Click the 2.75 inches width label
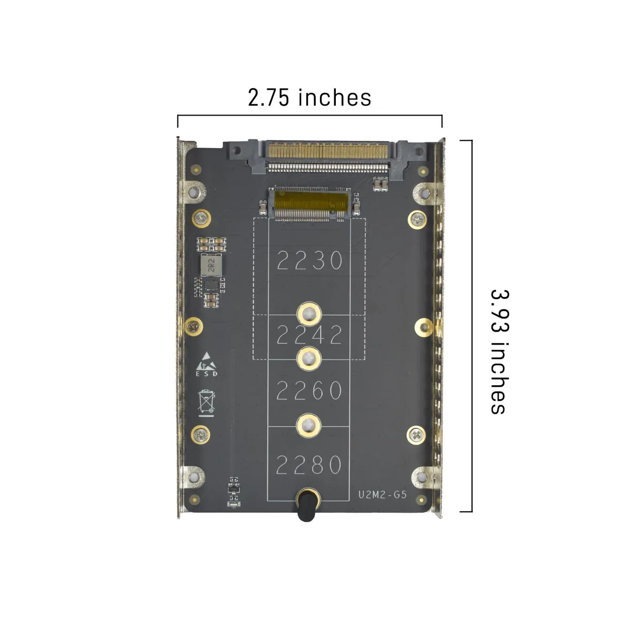[x=309, y=97]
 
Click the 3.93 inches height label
[x=500, y=352]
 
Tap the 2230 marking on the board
[x=309, y=260]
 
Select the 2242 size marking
[x=309, y=335]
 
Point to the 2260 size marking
[x=308, y=390]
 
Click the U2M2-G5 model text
[x=383, y=494]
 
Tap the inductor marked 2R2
[x=211, y=265]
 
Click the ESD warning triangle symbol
[x=206, y=361]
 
